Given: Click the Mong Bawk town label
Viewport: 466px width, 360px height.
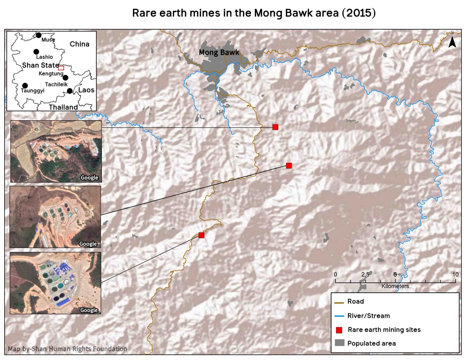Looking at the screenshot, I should click(x=219, y=52).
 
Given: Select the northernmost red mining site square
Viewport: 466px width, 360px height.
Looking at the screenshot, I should click(x=275, y=127).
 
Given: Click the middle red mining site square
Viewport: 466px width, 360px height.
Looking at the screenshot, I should click(x=289, y=166).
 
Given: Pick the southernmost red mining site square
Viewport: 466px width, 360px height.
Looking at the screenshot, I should click(x=201, y=235).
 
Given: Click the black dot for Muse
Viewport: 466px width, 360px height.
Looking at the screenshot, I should click(x=38, y=35).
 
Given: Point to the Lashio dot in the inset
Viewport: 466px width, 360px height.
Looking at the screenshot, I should click(x=36, y=52).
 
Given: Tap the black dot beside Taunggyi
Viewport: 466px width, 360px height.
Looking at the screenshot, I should click(x=25, y=86).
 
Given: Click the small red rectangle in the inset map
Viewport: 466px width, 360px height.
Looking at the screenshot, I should click(x=61, y=68).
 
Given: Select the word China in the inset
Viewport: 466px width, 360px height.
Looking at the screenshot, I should click(x=79, y=44).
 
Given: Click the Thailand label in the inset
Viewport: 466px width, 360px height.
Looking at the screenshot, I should click(x=63, y=107).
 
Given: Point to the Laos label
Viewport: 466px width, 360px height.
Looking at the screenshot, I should click(x=86, y=90).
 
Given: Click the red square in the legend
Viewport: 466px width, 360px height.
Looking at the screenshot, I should click(x=339, y=330).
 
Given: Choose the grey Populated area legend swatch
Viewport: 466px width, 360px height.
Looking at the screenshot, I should click(x=339, y=343).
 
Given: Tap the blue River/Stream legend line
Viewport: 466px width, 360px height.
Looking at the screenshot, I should click(x=339, y=316).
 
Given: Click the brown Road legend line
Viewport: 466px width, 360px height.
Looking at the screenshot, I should click(x=339, y=303).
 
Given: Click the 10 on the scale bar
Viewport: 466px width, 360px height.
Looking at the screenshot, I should click(x=455, y=274).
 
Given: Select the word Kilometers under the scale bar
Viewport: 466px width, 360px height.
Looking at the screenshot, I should click(x=395, y=286).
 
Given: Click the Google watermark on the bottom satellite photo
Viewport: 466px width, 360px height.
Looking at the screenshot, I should click(x=89, y=310).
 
